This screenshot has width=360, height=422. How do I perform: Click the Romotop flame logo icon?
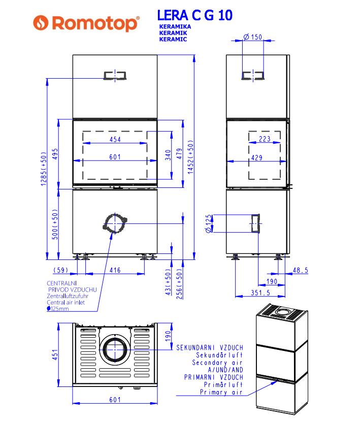[41, 23]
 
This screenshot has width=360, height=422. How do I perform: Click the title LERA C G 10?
[195, 15]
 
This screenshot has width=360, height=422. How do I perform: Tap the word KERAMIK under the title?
[173, 33]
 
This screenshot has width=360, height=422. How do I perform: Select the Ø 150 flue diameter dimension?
[253, 37]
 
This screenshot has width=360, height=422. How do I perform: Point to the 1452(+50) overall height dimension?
[190, 157]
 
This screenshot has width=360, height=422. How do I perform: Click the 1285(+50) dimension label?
[44, 169]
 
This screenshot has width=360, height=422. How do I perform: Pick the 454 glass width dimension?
[115, 140]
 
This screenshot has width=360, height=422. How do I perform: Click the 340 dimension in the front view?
[168, 155]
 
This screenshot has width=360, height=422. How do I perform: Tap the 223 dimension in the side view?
[265, 139]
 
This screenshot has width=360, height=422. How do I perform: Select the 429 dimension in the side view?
[257, 158]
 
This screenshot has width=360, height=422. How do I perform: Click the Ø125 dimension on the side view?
[209, 223]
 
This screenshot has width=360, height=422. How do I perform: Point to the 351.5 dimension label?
[260, 293]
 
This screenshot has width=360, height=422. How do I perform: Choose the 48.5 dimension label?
[301, 270]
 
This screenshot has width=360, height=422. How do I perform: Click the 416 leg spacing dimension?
[115, 270]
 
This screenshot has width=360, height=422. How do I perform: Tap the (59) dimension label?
[61, 270]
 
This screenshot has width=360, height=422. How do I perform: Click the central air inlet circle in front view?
[115, 223]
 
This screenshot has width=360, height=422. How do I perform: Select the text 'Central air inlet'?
[66, 303]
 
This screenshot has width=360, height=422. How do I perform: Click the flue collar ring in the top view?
[115, 349]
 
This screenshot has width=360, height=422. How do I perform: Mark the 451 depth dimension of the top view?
[55, 355]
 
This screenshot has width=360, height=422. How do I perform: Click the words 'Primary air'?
[221, 392]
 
